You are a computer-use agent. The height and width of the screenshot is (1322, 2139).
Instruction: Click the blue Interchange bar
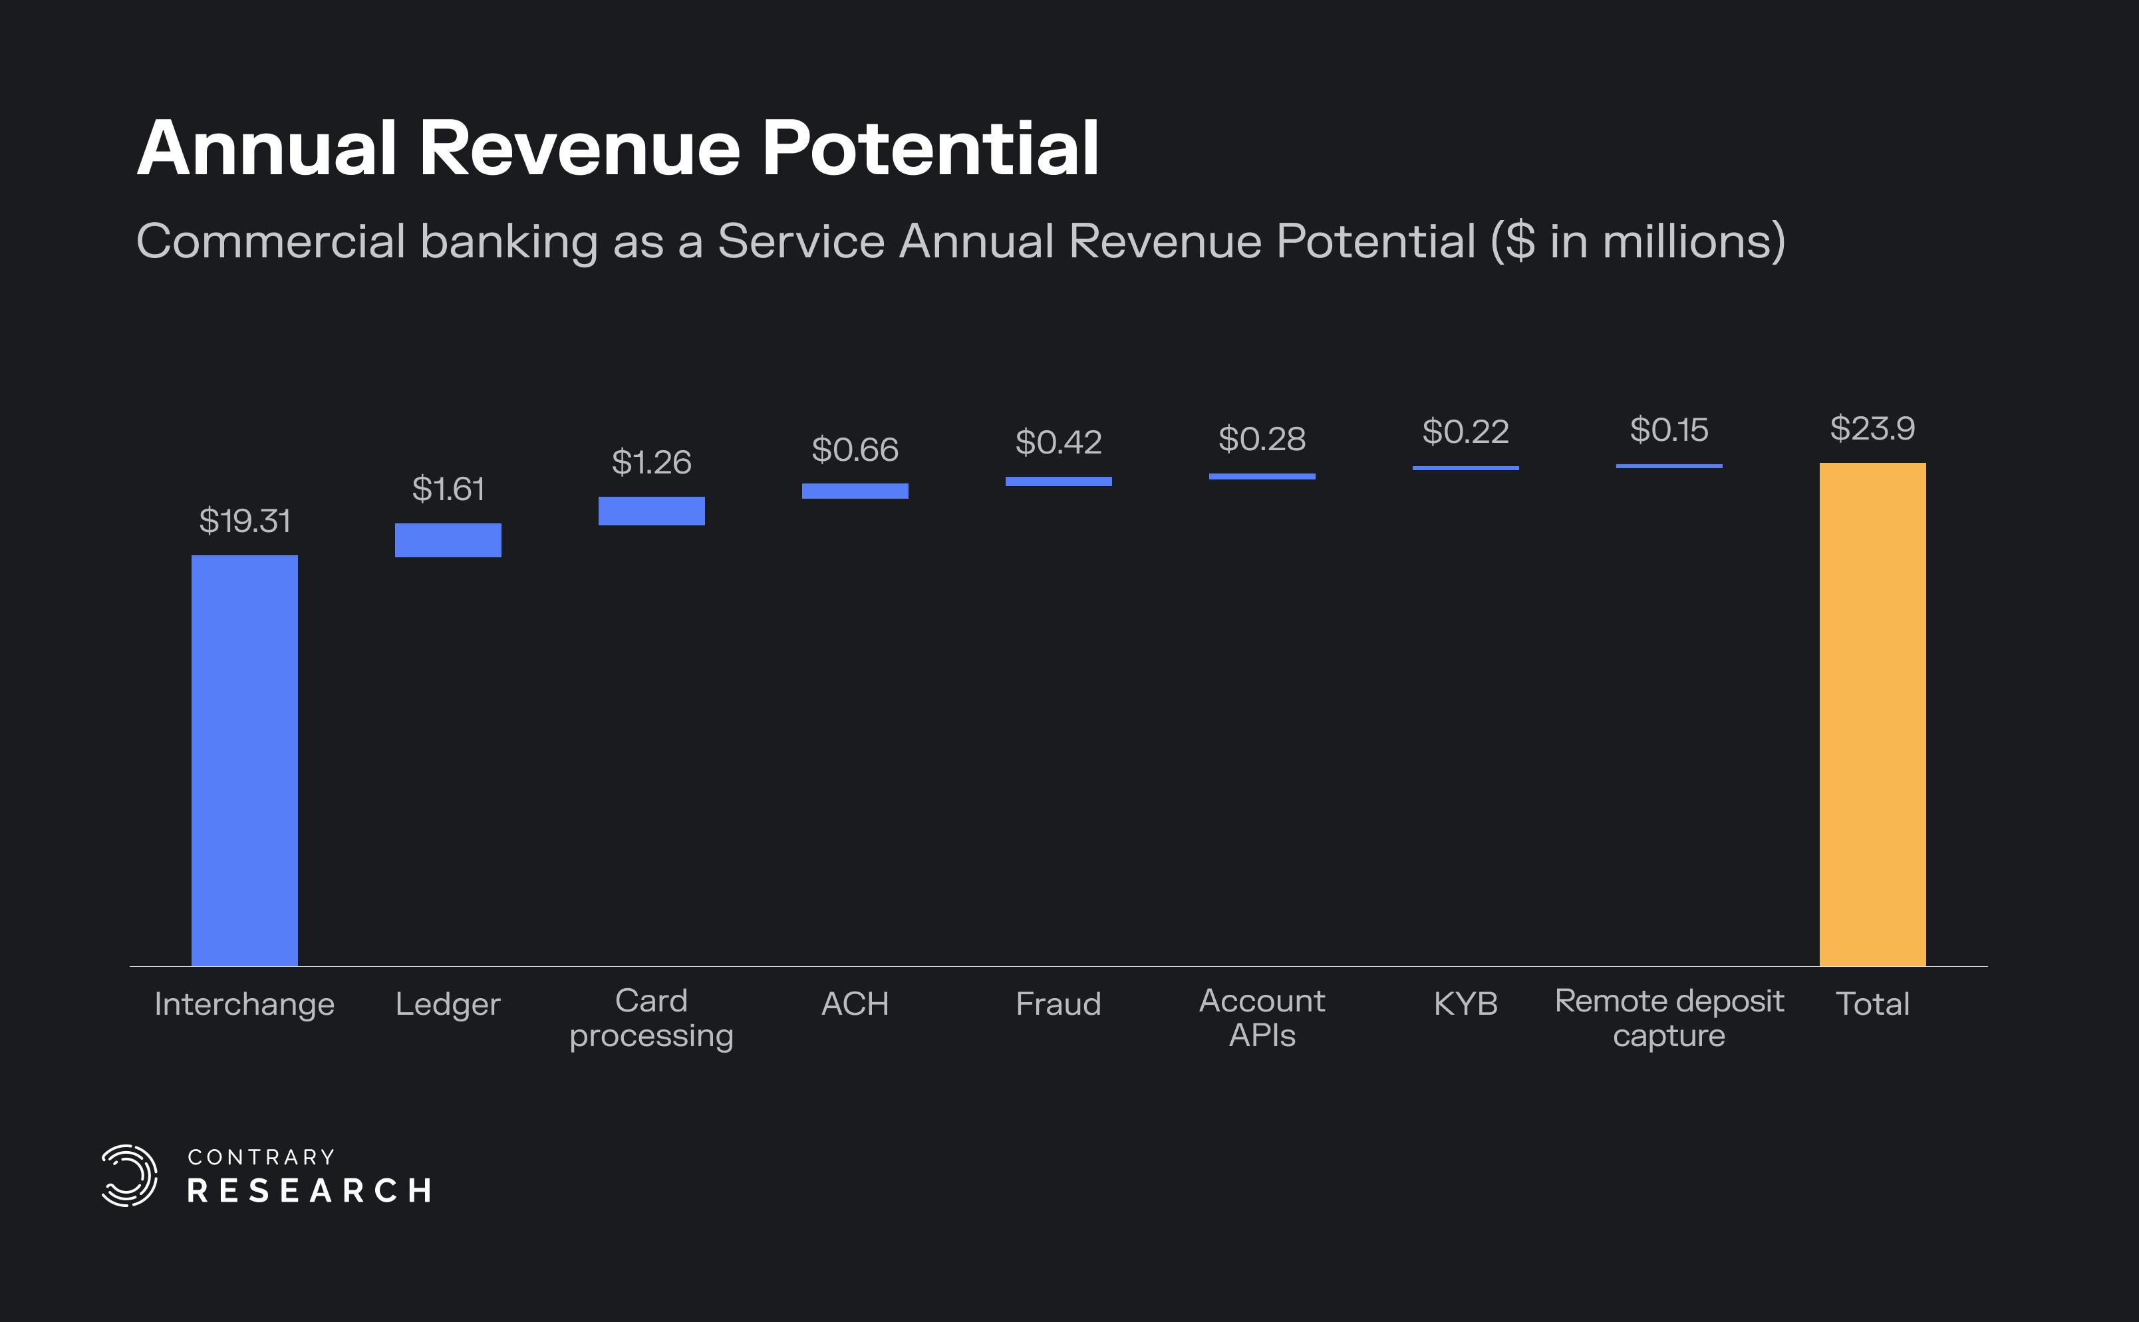[x=244, y=760]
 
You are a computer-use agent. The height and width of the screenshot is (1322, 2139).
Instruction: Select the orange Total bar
[x=1872, y=714]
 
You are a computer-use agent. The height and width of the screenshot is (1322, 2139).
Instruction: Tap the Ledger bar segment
[x=448, y=539]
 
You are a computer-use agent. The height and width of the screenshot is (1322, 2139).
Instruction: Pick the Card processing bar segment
[x=652, y=511]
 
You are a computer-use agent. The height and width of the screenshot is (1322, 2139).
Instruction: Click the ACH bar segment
[x=855, y=491]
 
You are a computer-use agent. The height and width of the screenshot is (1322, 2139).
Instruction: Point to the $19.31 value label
[x=244, y=521]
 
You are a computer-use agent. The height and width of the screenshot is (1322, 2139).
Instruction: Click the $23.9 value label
[x=1872, y=428]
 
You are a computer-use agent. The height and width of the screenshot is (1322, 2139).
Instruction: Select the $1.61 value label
[x=448, y=489]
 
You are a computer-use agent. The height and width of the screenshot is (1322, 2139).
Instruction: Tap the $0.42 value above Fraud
[x=1058, y=442]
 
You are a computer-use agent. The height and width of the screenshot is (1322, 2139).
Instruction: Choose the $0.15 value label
[x=1669, y=430]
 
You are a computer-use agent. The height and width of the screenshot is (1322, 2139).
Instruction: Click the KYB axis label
[x=1466, y=1003]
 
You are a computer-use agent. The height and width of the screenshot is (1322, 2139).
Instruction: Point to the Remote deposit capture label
[x=1669, y=1017]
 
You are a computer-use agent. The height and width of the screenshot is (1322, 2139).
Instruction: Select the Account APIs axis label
[x=1262, y=1017]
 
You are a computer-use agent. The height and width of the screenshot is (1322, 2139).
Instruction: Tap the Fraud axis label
[x=1058, y=1003]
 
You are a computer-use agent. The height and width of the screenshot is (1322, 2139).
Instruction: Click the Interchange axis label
[x=244, y=1003]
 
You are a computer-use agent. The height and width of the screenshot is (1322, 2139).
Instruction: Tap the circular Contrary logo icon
[x=128, y=1175]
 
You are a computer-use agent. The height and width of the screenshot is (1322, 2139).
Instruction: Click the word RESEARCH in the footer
[x=309, y=1191]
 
